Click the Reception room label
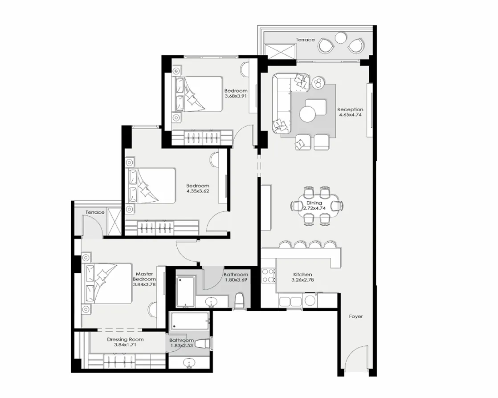click(x=350, y=109)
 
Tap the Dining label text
click(x=314, y=203)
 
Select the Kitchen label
click(x=302, y=275)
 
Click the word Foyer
click(x=355, y=317)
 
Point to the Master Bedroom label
click(x=144, y=276)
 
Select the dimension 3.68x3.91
click(x=236, y=96)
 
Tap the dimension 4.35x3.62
click(x=198, y=191)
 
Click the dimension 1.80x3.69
click(x=236, y=280)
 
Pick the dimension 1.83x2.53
click(x=181, y=345)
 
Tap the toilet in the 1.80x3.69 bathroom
click(x=240, y=301)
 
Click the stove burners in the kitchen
click(x=268, y=276)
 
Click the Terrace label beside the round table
click(x=306, y=40)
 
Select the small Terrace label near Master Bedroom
click(x=95, y=212)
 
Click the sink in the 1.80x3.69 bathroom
click(x=212, y=302)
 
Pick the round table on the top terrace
click(x=341, y=39)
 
